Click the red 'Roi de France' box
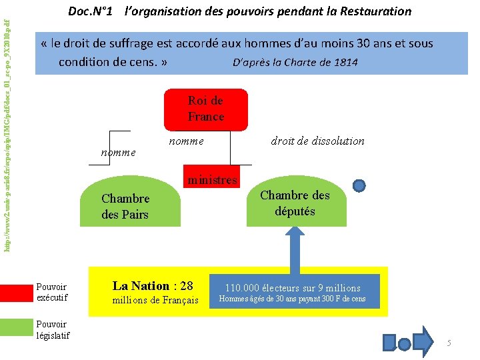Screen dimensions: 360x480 pos(205,109)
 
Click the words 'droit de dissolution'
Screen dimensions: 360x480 pos(317,141)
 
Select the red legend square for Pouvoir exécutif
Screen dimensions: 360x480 pos(17,291)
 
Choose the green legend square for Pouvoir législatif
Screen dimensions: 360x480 pos(17,326)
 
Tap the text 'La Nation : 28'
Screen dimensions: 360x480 pos(153,286)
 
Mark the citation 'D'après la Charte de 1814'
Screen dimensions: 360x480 pos(295,63)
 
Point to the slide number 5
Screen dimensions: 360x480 pos(449,343)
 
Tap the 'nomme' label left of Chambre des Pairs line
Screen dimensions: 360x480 pos(117,152)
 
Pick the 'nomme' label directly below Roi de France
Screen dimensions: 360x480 pos(186,141)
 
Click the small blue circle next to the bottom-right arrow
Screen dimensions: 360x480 pos(404,343)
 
